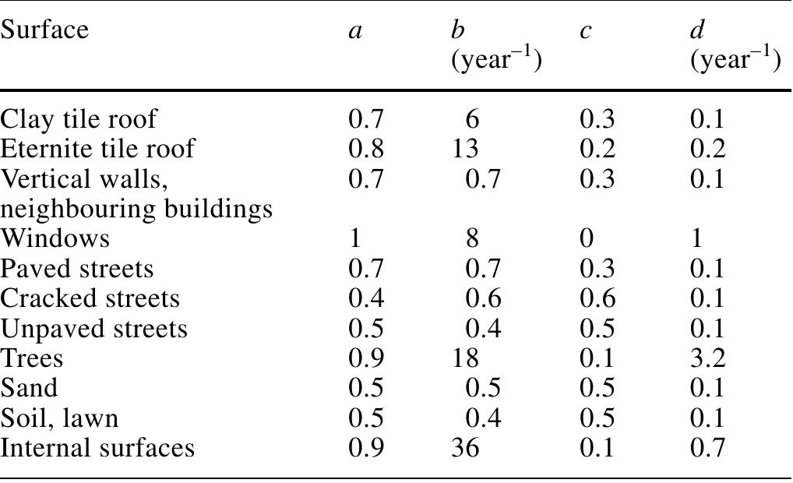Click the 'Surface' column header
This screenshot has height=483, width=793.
tap(44, 30)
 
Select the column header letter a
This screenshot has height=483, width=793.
tap(355, 31)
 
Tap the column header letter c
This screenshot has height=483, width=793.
tap(585, 31)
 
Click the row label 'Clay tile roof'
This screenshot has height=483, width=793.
tap(79, 119)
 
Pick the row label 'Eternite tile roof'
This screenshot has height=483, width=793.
tap(97, 149)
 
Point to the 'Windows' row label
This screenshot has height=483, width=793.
tap(55, 238)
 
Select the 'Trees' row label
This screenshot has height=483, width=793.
tap(31, 358)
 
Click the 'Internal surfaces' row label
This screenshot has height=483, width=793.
tap(97, 448)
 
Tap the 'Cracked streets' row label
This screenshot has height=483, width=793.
tap(90, 298)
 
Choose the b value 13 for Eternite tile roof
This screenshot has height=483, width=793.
tap(465, 149)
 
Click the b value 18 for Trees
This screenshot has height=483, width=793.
tap(465, 358)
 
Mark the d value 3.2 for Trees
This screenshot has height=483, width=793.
tap(708, 358)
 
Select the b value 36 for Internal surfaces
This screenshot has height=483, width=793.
tap(465, 448)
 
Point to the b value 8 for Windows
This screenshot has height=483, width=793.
tap(472, 238)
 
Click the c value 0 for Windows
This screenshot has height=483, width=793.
tap(587, 238)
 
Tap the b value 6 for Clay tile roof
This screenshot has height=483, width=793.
tap(472, 119)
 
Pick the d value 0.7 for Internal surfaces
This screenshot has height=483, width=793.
tap(708, 448)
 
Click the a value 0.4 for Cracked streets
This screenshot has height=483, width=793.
tap(366, 298)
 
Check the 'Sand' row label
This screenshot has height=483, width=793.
tap(29, 388)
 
